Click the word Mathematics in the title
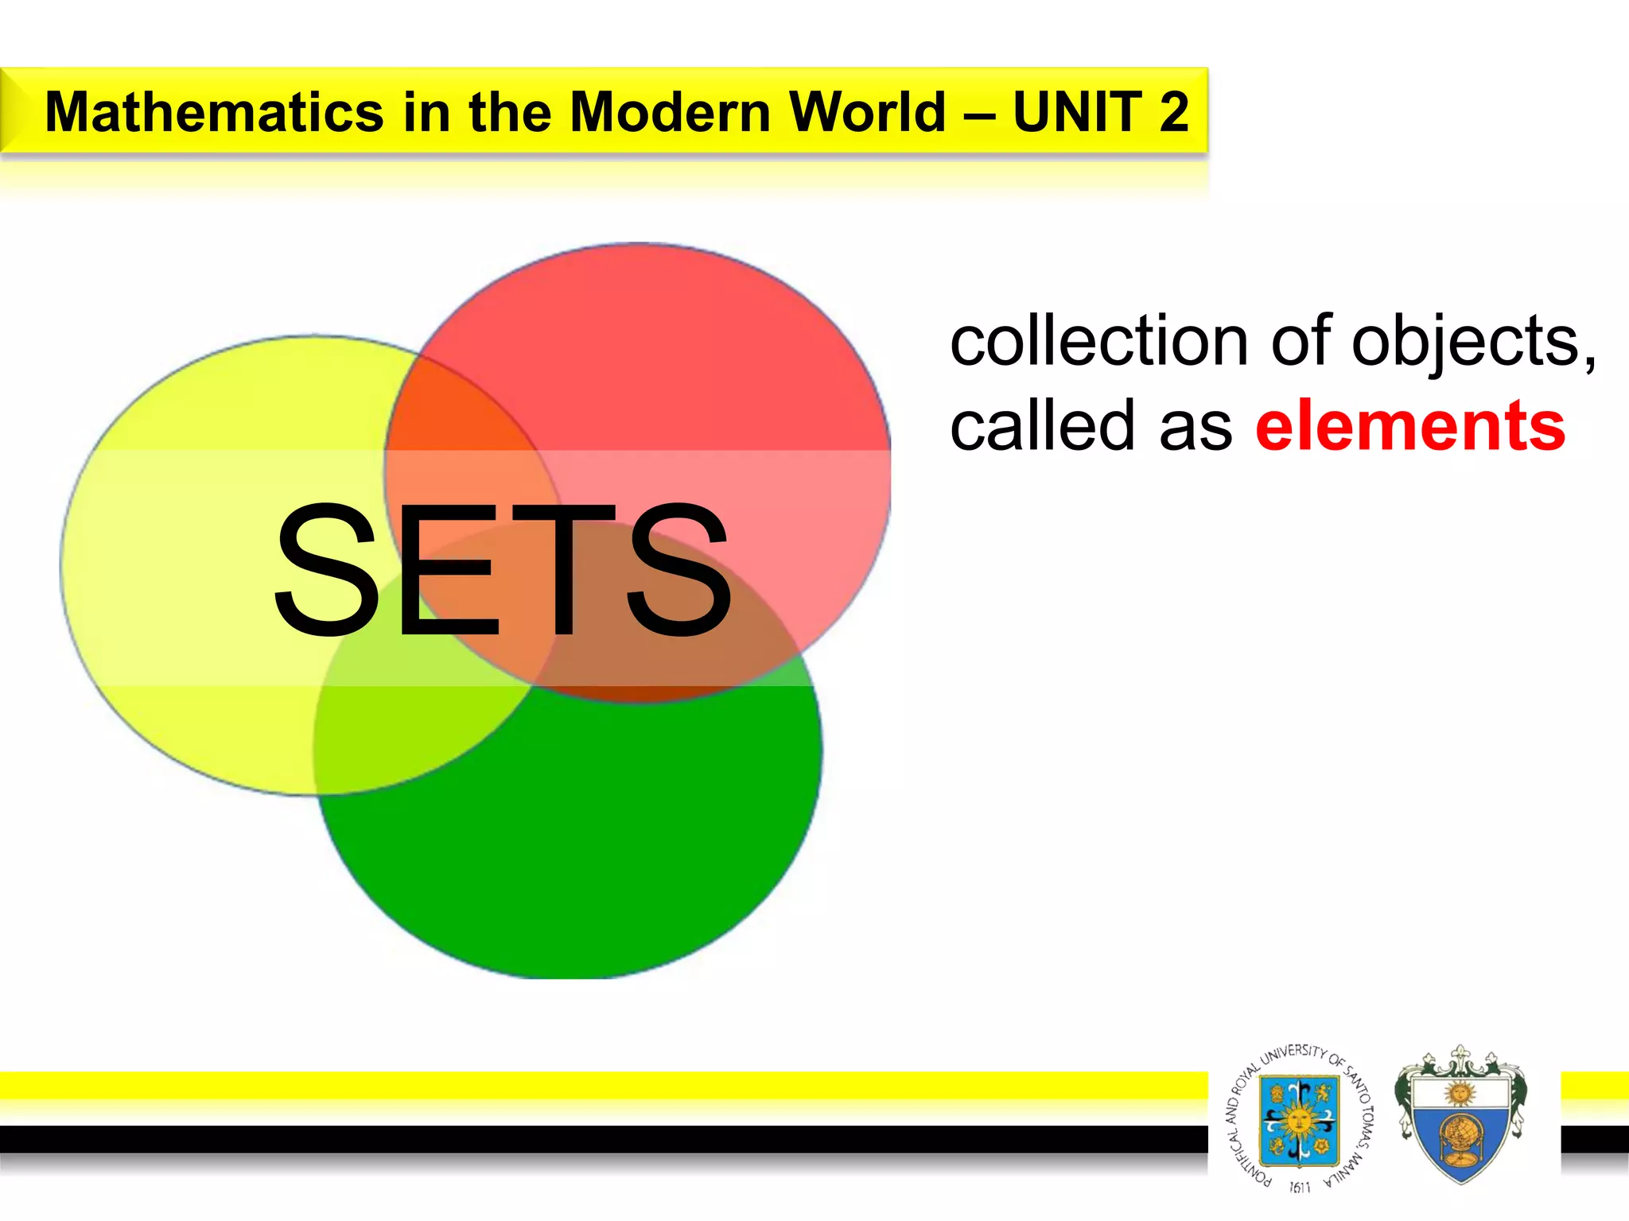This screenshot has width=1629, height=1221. (x=214, y=112)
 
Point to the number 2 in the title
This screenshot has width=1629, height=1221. (x=1173, y=112)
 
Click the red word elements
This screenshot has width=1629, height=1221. (x=1409, y=427)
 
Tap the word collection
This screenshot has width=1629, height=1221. (x=1098, y=342)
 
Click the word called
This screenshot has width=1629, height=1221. (x=1042, y=427)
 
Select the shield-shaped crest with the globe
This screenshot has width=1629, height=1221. (x=1460, y=1117)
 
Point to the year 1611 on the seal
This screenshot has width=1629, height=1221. (x=1299, y=1187)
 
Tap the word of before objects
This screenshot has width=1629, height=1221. (x=1300, y=342)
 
